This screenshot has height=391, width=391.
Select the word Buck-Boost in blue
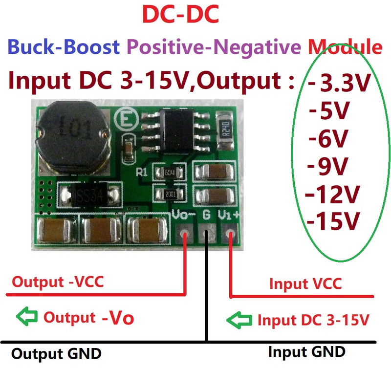pos(64,47)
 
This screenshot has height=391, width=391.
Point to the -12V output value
pos(332,194)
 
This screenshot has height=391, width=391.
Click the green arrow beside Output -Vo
pos(27,317)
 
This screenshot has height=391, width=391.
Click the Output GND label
pos(56,353)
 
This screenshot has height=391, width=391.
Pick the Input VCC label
pos(305,284)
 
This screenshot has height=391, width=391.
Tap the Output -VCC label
pos(58,282)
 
